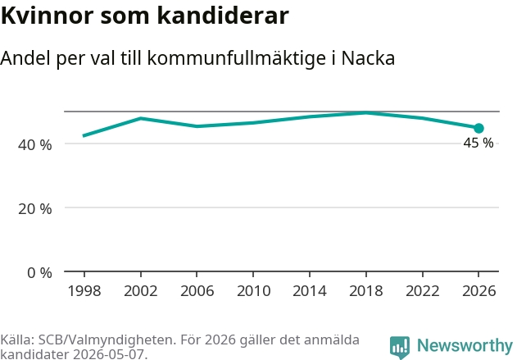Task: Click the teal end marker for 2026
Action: tap(478, 128)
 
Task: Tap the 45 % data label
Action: tap(478, 143)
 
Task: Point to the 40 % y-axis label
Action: tap(35, 145)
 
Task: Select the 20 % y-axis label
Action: tap(35, 209)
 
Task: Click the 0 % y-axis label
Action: tap(39, 273)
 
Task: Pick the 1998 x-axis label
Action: tap(84, 291)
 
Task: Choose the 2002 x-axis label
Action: tap(141, 291)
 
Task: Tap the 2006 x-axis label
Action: tap(197, 291)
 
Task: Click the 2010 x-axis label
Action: tap(253, 291)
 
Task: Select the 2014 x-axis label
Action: tap(310, 291)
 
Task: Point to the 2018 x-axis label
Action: tap(366, 291)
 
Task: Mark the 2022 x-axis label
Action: tap(423, 291)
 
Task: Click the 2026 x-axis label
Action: tap(478, 291)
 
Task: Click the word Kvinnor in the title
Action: tap(48, 16)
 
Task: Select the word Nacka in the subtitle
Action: tap(368, 58)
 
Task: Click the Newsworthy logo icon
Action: tap(400, 347)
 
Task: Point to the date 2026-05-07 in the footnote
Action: tap(109, 354)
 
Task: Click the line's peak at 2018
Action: tap(366, 113)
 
